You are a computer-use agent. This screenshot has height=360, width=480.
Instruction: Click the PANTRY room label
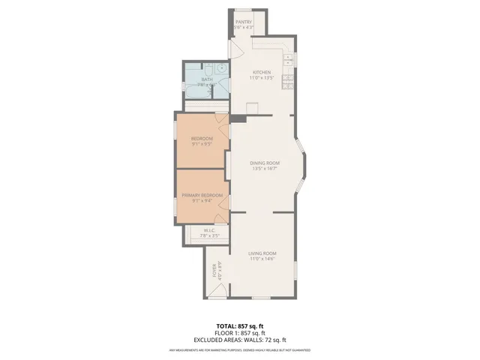pyautogui.click(x=244, y=22)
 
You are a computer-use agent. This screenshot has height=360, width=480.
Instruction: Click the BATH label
pyautogui.click(x=207, y=79)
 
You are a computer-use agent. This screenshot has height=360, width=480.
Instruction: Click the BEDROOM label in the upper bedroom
pyautogui.click(x=202, y=139)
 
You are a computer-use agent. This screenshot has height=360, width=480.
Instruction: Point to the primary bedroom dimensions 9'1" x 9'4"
pyautogui.click(x=202, y=201)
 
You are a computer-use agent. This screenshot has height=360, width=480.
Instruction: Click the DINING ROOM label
pyautogui.click(x=264, y=163)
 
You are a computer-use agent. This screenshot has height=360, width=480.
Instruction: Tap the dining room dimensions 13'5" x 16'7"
pyautogui.click(x=264, y=169)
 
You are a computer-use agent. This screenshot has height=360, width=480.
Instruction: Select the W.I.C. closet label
pyautogui.click(x=209, y=230)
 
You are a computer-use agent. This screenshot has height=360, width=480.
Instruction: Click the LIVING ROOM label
pyautogui.click(x=263, y=253)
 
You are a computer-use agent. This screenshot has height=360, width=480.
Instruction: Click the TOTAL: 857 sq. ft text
pyautogui.click(x=239, y=325)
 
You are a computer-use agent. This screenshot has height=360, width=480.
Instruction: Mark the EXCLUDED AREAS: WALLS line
pyautogui.click(x=239, y=340)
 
